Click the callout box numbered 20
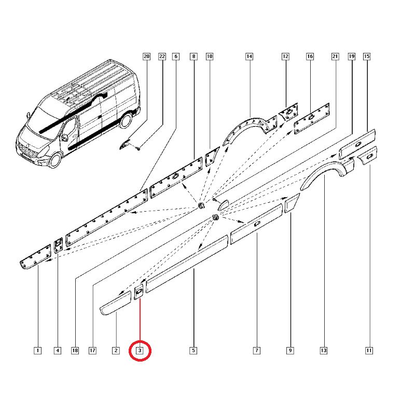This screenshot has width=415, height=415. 146,57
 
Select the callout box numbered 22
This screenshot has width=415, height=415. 162,57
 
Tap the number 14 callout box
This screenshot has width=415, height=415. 250,57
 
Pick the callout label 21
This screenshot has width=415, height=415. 335,57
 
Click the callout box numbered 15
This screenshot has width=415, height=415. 367,57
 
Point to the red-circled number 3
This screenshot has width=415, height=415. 140,351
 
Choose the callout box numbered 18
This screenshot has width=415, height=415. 75,351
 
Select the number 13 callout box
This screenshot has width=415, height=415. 324,351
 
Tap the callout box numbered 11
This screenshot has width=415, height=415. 369,351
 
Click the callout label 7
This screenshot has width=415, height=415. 257,351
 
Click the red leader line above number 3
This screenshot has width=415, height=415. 140,320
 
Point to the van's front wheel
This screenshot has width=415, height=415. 56,160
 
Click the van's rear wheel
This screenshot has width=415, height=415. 126,120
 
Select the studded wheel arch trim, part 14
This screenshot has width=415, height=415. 250,128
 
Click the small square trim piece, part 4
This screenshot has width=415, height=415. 58,245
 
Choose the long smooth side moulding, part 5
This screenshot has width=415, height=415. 187,264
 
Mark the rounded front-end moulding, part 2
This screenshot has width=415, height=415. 116,303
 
